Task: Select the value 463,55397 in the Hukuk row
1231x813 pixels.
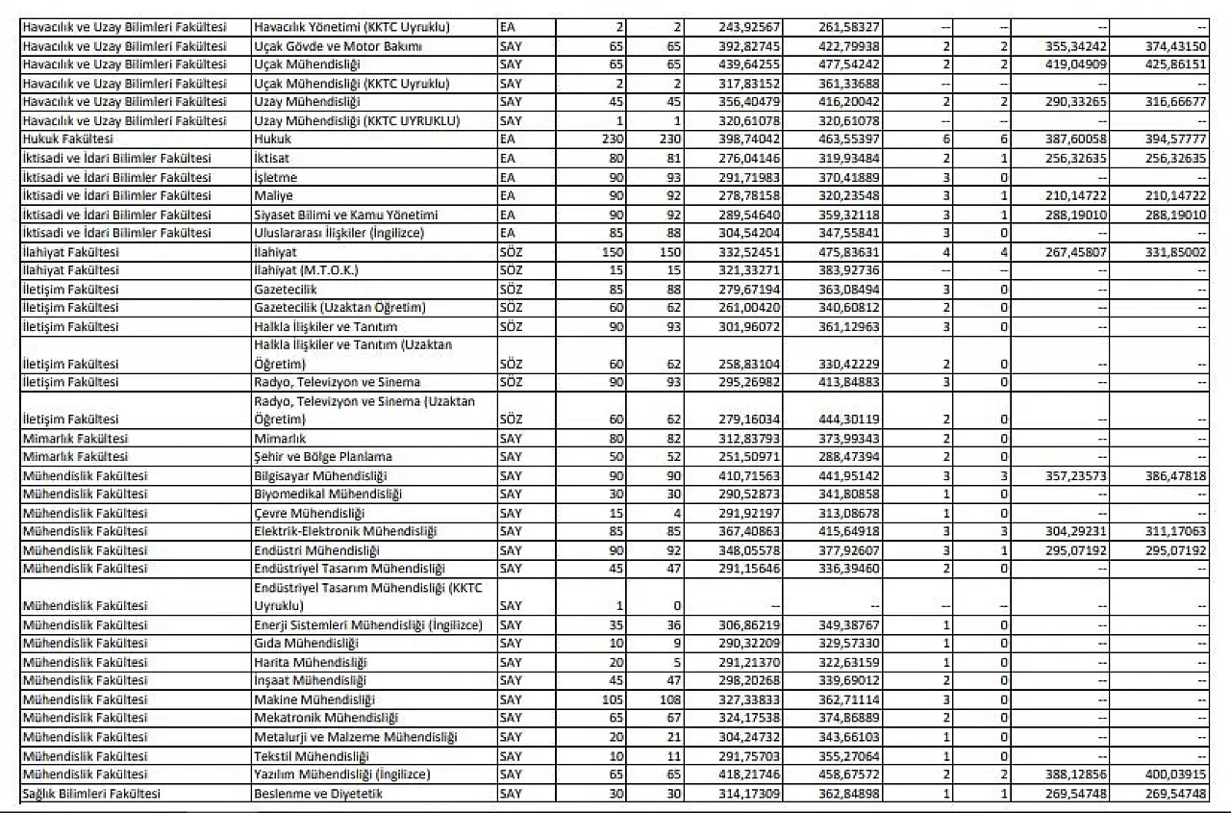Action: click(x=851, y=140)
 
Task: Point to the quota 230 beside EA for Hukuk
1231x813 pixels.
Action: click(x=612, y=140)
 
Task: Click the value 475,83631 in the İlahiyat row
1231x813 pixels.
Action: click(x=851, y=252)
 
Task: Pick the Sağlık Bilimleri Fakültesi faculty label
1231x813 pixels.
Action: click(x=89, y=794)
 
